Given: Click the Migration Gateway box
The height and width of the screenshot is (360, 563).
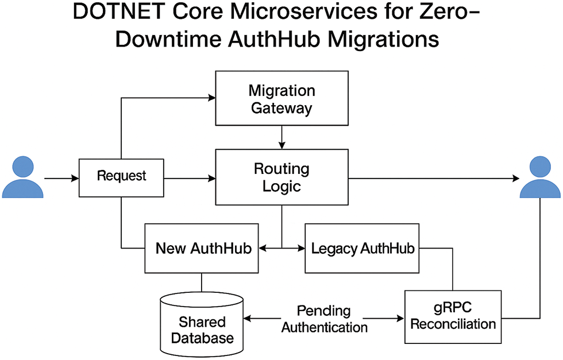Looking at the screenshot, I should (281, 98).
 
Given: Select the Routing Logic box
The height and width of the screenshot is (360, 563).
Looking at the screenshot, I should (281, 177).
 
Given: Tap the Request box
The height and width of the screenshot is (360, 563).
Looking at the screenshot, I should (121, 176).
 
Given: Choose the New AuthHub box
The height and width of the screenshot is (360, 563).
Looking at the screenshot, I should (201, 249).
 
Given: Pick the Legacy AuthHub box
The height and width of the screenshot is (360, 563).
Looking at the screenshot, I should (362, 249).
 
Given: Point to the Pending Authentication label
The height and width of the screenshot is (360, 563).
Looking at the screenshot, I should (324, 319).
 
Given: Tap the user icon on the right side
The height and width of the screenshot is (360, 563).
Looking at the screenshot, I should (540, 177).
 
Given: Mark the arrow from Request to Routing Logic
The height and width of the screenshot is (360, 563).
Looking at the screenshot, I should (190, 179).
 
